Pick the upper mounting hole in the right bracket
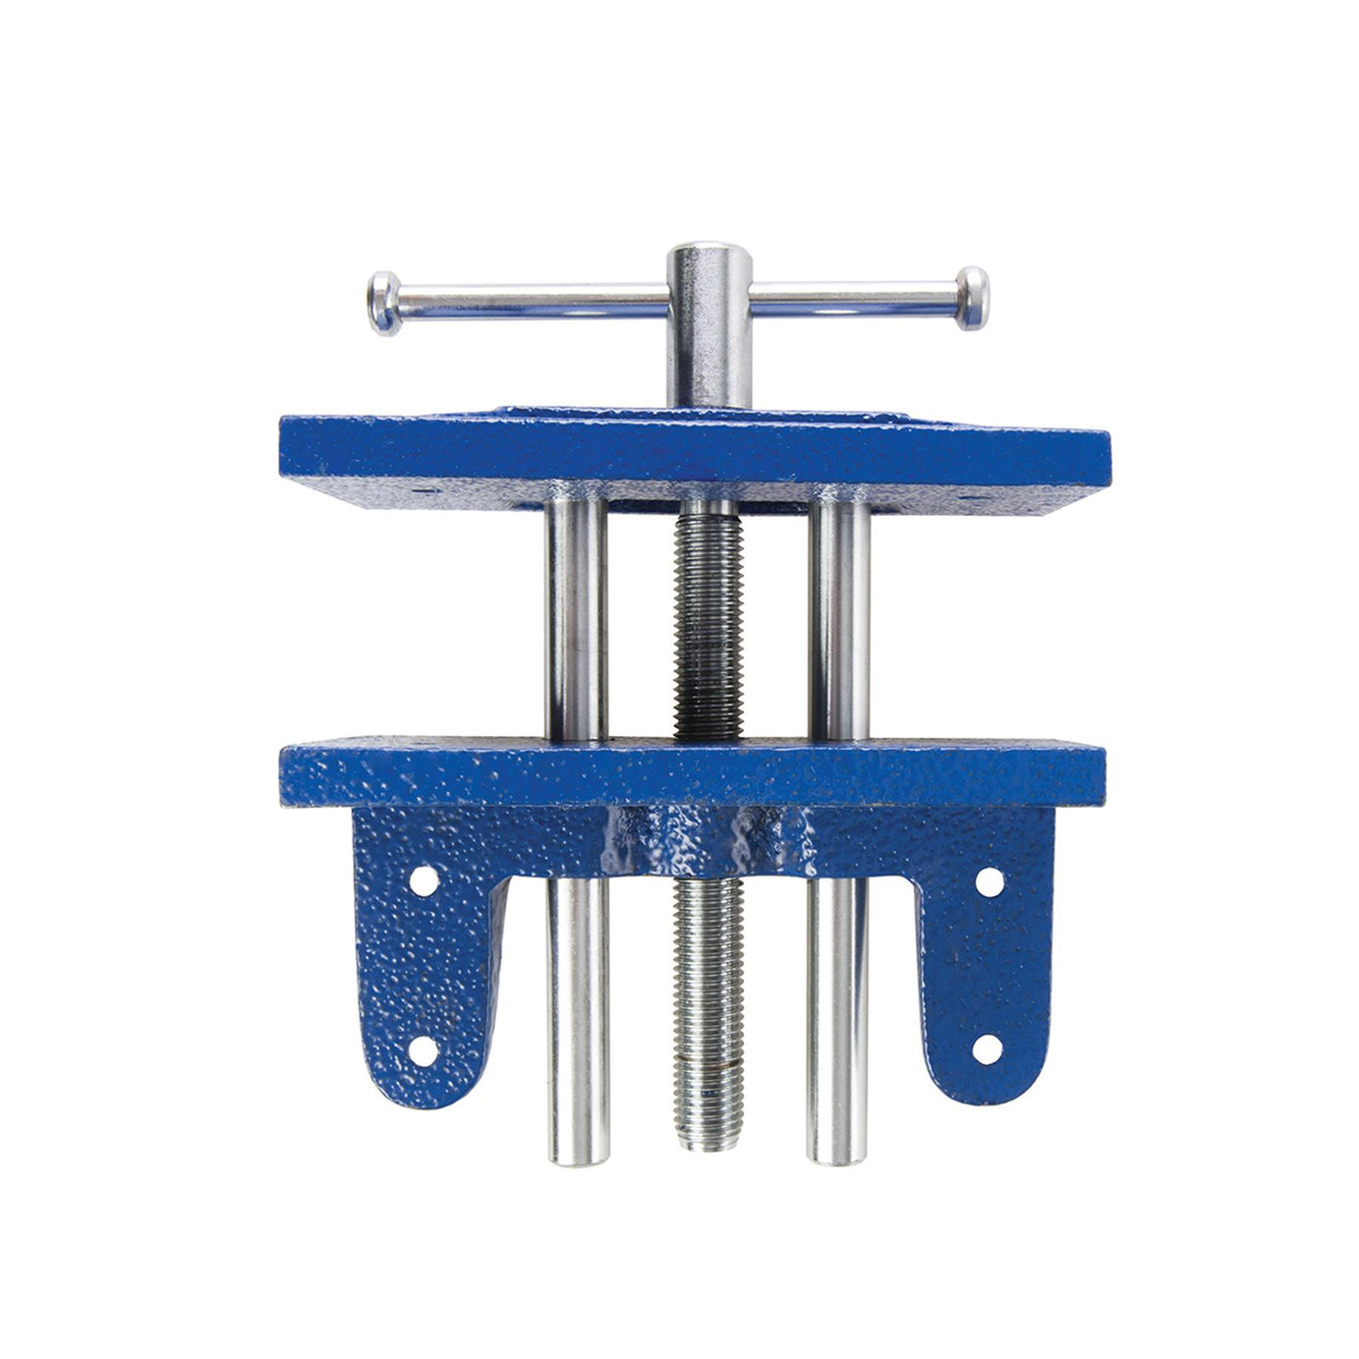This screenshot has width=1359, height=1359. pyautogui.click(x=989, y=880)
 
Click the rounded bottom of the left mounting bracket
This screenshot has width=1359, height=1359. pyautogui.click(x=418, y=1086)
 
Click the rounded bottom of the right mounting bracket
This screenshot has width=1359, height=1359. pyautogui.click(x=983, y=1086)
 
